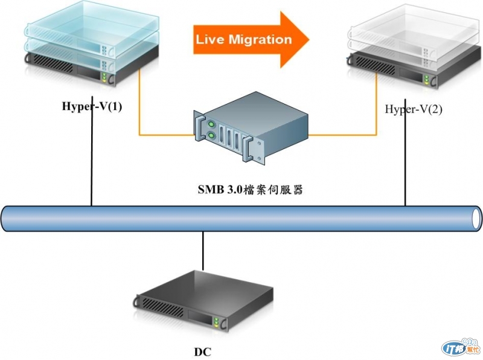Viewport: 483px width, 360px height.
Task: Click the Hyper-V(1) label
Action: click(x=92, y=107)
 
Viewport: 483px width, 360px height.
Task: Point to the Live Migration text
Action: click(x=243, y=40)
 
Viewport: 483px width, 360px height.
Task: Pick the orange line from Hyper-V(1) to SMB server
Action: click(x=157, y=133)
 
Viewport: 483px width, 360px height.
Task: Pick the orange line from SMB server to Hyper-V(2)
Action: click(x=344, y=133)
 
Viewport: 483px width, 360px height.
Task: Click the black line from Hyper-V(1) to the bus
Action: click(x=92, y=163)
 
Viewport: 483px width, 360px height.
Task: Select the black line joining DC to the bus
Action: click(x=203, y=251)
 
